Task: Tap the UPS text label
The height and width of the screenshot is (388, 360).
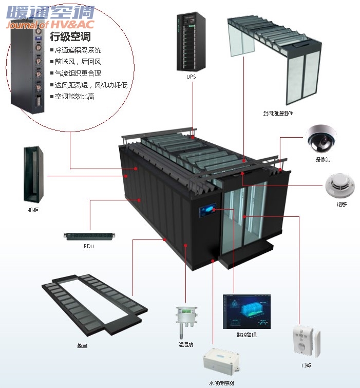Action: coord(191,77)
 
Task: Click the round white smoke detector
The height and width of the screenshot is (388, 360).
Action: coord(337,186)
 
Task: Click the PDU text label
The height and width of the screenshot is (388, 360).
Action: coord(89,246)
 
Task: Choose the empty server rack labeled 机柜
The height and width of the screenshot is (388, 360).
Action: coord(33,174)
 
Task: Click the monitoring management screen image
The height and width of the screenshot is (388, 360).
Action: coord(246,311)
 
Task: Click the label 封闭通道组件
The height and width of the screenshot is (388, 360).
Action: coord(277,113)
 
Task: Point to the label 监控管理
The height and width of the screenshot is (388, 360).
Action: coord(247,335)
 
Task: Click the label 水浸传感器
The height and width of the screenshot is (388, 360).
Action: coord(221,383)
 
